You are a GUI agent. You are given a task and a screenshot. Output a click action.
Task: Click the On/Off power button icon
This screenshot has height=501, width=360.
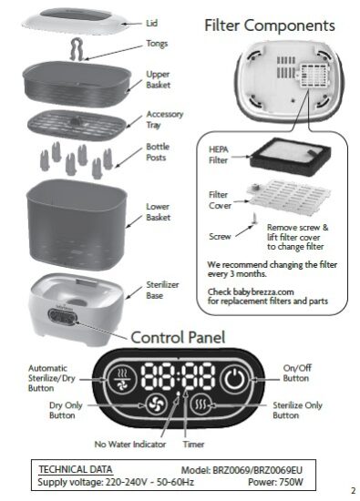(x=234, y=380)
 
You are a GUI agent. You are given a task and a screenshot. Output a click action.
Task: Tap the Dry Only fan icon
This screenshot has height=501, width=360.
(x=157, y=404)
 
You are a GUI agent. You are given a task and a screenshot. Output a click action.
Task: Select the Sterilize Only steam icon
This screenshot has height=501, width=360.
(x=201, y=404)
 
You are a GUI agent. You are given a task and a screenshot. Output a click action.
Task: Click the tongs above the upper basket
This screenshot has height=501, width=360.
(x=77, y=49)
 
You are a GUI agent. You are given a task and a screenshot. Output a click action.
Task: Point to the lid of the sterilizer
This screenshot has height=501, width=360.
(x=76, y=22)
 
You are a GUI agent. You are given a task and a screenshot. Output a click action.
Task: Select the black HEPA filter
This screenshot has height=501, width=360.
(x=291, y=157)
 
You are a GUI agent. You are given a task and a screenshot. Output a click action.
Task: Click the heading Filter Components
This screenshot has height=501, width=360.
(x=270, y=26)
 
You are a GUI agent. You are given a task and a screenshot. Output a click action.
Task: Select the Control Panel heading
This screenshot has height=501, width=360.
(x=178, y=337)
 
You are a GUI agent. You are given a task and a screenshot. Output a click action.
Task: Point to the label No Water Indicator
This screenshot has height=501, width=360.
(x=130, y=445)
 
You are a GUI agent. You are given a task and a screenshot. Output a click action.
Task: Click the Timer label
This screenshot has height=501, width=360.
(x=193, y=445)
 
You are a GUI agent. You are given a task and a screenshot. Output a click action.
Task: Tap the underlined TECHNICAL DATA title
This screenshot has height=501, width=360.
(x=76, y=469)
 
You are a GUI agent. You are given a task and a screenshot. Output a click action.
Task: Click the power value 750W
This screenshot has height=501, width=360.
(x=291, y=482)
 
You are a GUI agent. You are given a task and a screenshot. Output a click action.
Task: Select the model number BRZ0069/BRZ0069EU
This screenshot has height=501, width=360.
(x=257, y=470)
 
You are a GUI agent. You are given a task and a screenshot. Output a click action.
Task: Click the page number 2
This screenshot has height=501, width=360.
(x=353, y=490)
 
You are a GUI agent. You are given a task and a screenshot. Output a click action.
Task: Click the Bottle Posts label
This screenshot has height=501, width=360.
(x=158, y=152)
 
